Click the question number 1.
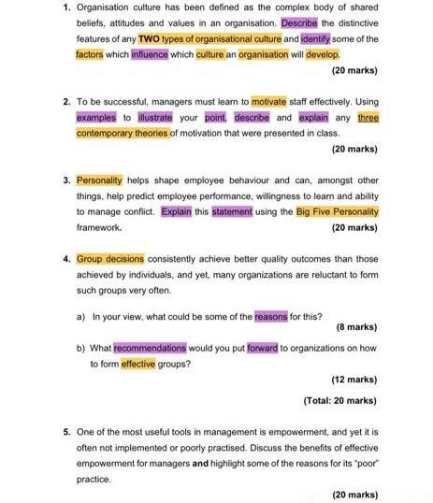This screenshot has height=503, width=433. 66,7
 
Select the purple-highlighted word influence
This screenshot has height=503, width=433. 150,54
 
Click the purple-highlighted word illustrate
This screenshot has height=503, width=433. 155,118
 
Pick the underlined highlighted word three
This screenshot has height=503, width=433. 368,118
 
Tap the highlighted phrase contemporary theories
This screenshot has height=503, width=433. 122,134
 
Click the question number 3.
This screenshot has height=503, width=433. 66,180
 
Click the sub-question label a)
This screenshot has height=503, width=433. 82,316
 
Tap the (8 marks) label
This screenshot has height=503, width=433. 355,327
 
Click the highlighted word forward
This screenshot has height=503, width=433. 262,349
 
